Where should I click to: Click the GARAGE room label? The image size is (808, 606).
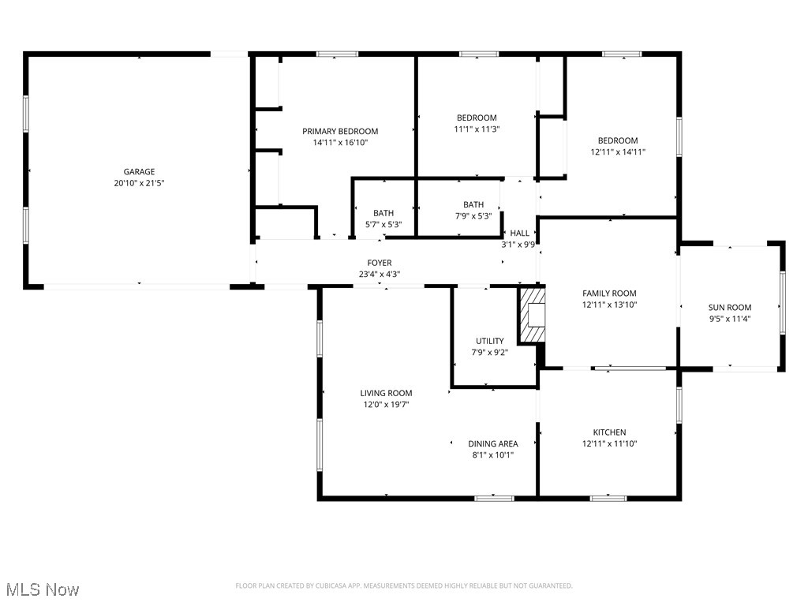pyautogui.click(x=139, y=171)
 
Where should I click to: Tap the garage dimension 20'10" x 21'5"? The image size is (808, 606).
pyautogui.click(x=139, y=182)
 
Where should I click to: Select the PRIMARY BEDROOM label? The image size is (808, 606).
pyautogui.click(x=340, y=131)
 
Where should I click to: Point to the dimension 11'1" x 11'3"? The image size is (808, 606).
pyautogui.click(x=477, y=129)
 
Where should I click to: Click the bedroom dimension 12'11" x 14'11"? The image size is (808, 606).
pyautogui.click(x=618, y=151)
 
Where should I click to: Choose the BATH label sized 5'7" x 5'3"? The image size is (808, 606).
pyautogui.click(x=383, y=213)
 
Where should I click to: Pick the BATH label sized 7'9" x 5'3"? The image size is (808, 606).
pyautogui.click(x=473, y=204)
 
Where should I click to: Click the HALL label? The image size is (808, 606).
pyautogui.click(x=520, y=233)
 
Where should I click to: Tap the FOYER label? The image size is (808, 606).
pyautogui.click(x=380, y=263)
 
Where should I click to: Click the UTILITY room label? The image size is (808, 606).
pyautogui.click(x=489, y=341)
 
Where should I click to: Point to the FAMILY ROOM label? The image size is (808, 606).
pyautogui.click(x=609, y=294)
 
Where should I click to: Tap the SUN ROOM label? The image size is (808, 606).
pyautogui.click(x=729, y=308)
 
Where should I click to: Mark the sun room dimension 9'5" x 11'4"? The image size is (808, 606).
pyautogui.click(x=729, y=319)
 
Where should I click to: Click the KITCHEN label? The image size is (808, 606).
pyautogui.click(x=609, y=432)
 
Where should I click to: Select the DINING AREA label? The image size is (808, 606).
pyautogui.click(x=492, y=443)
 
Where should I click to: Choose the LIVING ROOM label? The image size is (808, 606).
pyautogui.click(x=386, y=393)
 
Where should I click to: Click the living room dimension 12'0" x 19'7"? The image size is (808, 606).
pyautogui.click(x=386, y=404)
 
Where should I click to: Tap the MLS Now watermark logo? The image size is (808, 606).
pyautogui.click(x=43, y=589)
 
